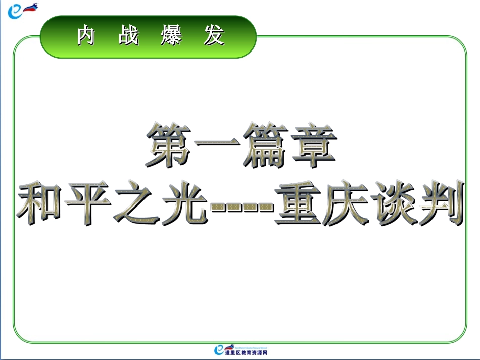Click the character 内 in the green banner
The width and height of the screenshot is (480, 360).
[x=86, y=36]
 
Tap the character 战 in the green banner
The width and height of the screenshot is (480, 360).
[x=129, y=36]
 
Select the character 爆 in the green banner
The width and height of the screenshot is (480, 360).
[x=171, y=36]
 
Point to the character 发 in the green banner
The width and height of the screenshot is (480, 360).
[x=214, y=36]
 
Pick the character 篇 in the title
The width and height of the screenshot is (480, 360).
[x=264, y=146]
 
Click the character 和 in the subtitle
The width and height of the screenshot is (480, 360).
[x=41, y=202]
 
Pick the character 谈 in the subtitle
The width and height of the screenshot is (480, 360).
[x=392, y=202]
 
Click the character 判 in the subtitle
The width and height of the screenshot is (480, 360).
[x=439, y=202]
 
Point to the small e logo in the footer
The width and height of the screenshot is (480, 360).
[x=219, y=349]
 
